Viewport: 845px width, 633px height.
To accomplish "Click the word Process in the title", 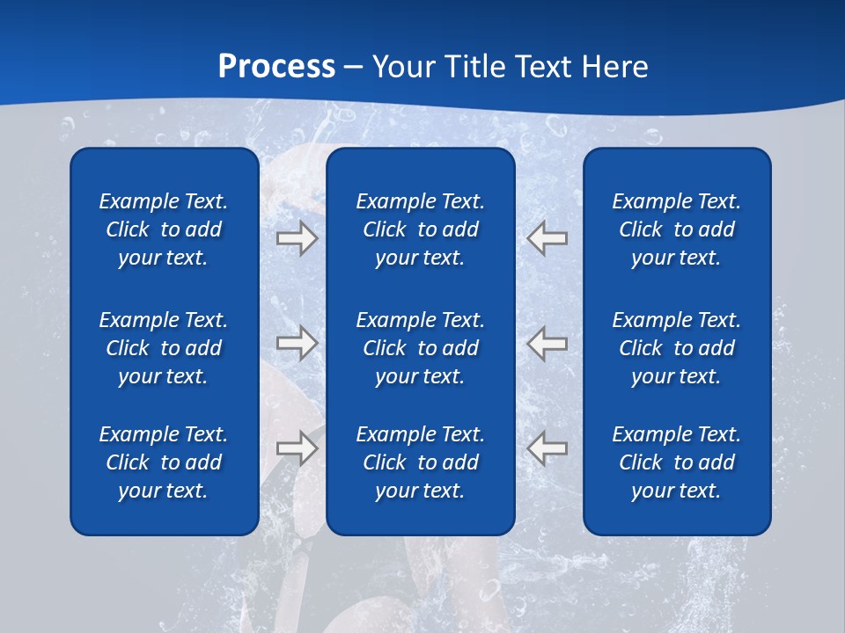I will [276, 67].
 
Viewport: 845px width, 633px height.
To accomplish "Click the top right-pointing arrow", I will [297, 238].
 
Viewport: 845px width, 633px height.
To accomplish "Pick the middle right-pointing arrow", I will [297, 343].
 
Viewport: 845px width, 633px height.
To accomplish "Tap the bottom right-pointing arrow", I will [297, 447].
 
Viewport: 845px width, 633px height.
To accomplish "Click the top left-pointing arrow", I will [547, 238].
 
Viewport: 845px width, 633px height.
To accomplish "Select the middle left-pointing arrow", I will [547, 343].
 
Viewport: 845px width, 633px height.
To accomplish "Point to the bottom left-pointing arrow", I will [547, 447].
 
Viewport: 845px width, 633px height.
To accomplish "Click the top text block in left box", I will [164, 229].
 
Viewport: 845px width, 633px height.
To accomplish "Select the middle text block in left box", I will [164, 348].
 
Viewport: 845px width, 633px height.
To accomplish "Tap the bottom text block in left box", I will [164, 462].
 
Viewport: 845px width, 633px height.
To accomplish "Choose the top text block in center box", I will [420, 229].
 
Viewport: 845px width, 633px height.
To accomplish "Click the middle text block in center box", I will [420, 348].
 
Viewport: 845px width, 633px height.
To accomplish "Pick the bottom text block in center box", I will [420, 462].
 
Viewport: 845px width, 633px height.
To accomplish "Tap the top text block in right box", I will [676, 229].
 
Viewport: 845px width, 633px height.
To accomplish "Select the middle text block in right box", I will [676, 348].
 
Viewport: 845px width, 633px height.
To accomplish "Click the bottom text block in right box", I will [676, 462].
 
